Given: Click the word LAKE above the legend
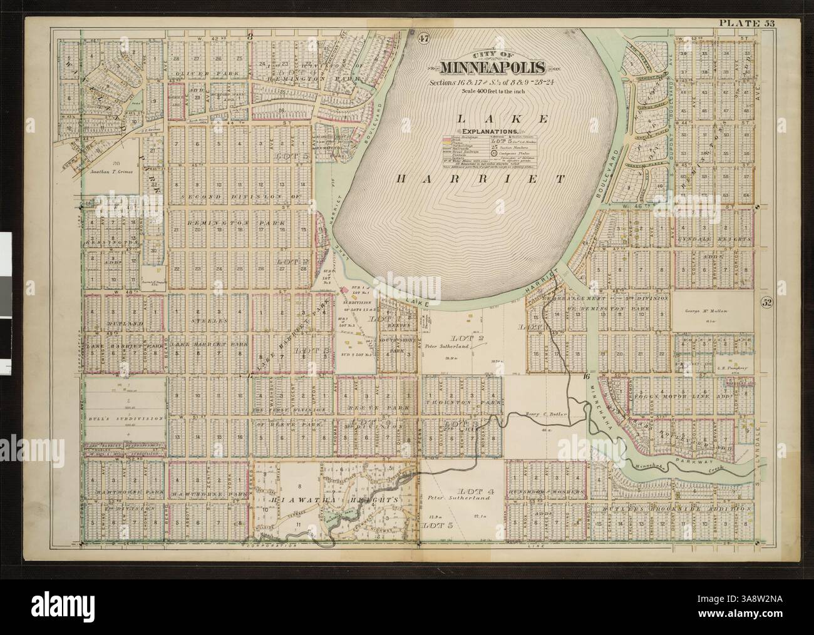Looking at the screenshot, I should tap(487, 118).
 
